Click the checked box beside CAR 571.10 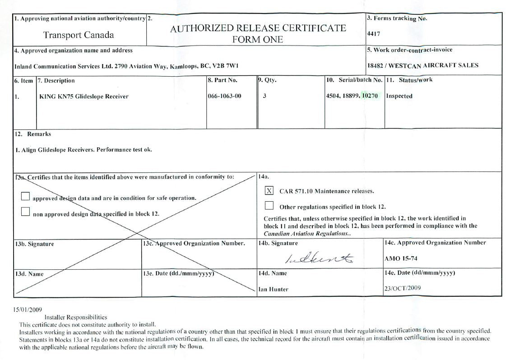pyautogui.click(x=269, y=191)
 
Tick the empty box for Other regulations pyautogui.click(x=269, y=206)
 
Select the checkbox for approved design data pyautogui.click(x=25, y=196)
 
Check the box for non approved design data pyautogui.click(x=25, y=212)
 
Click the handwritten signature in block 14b pyautogui.click(x=320, y=258)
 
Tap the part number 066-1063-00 pyautogui.click(x=225, y=96)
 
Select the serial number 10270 pyautogui.click(x=370, y=96)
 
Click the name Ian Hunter pyautogui.click(x=273, y=289)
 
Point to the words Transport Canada pyautogui.click(x=79, y=35)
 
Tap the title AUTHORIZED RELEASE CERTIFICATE pyautogui.click(x=258, y=28)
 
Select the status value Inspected pyautogui.click(x=399, y=96)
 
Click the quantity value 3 pyautogui.click(x=264, y=96)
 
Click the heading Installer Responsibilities pyautogui.click(x=76, y=317)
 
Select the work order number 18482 pyautogui.click(x=375, y=65)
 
